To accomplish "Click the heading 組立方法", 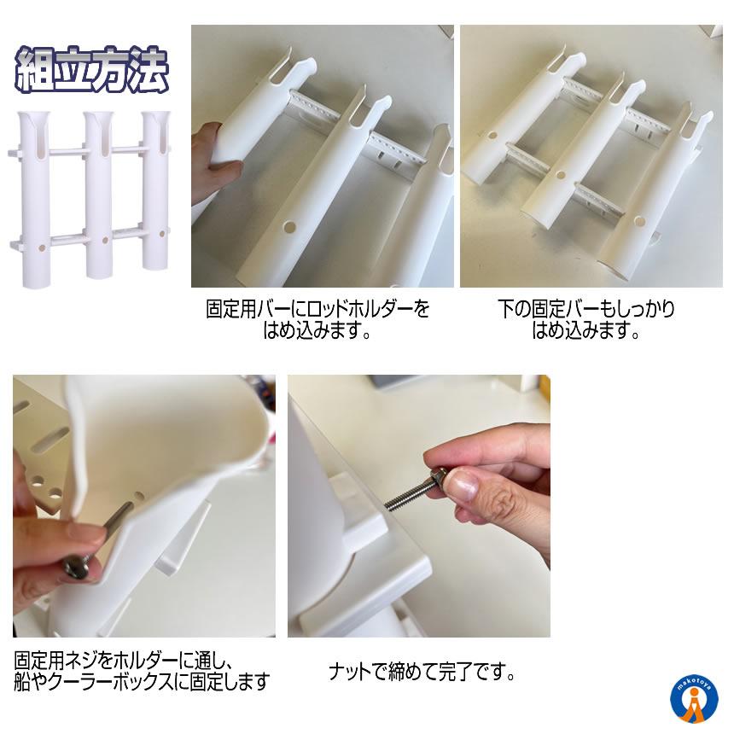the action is tap(92, 69).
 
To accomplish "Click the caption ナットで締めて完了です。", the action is tap(422, 673).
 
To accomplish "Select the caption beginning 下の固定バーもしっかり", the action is tap(586, 320).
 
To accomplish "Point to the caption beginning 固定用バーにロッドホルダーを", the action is tap(317, 320).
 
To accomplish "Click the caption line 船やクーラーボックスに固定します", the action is tap(142, 682).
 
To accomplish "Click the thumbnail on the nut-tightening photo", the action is tap(461, 485).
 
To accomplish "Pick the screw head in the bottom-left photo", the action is tap(79, 566).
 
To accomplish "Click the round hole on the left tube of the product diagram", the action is tap(42, 248).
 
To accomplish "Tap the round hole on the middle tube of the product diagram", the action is tap(105, 240).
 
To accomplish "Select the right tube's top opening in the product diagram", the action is tap(156, 115).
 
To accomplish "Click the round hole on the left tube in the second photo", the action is tap(492, 136).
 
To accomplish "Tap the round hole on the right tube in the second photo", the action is tap(639, 221).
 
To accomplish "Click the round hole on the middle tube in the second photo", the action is tap(561, 176).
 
